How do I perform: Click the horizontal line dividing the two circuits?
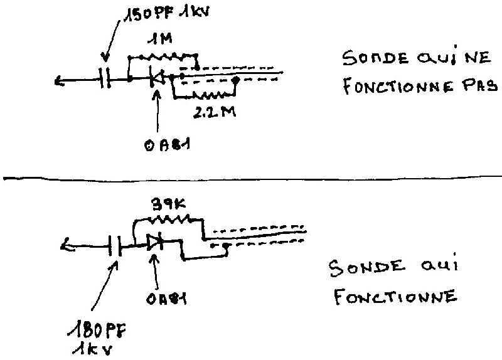(x=251, y=177)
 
